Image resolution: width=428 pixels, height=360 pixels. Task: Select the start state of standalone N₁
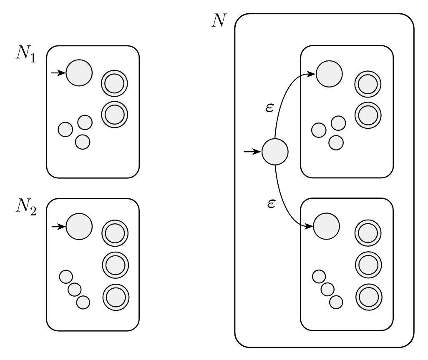click(x=79, y=73)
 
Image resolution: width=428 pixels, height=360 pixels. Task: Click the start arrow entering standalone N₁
click(x=58, y=73)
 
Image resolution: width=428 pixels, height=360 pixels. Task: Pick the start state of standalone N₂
click(x=79, y=226)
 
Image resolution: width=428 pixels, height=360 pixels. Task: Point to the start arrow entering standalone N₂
click(x=58, y=226)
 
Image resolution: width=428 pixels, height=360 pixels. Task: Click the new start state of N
click(x=275, y=152)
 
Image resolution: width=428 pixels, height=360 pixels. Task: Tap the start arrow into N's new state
click(x=252, y=152)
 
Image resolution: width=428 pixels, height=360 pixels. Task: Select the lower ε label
click(x=271, y=204)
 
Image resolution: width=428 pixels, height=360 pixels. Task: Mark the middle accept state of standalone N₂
click(x=115, y=264)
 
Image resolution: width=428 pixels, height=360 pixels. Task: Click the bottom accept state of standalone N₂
click(x=116, y=296)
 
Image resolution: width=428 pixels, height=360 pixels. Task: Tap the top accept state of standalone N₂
click(x=115, y=233)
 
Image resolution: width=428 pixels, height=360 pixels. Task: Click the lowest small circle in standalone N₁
click(x=83, y=142)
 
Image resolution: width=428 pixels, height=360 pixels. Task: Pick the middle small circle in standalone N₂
click(x=75, y=289)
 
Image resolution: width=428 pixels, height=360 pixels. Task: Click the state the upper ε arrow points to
click(x=329, y=74)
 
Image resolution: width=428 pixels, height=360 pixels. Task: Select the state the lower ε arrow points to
click(x=326, y=226)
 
